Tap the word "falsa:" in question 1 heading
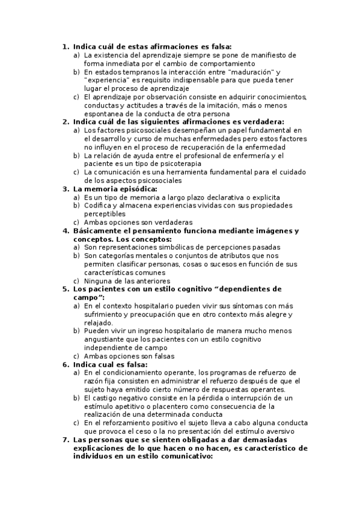point(220,46)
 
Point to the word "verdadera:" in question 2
point(262,121)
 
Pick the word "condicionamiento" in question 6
point(136,373)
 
